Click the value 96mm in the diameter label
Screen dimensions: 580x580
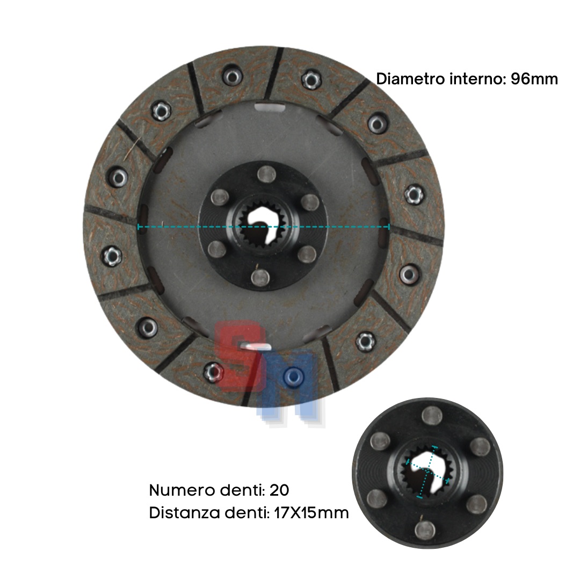[x=534, y=79]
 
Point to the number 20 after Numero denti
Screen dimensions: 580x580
[x=279, y=490]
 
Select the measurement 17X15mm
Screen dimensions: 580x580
[x=311, y=513]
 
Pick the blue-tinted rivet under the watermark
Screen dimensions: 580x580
[x=293, y=377]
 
